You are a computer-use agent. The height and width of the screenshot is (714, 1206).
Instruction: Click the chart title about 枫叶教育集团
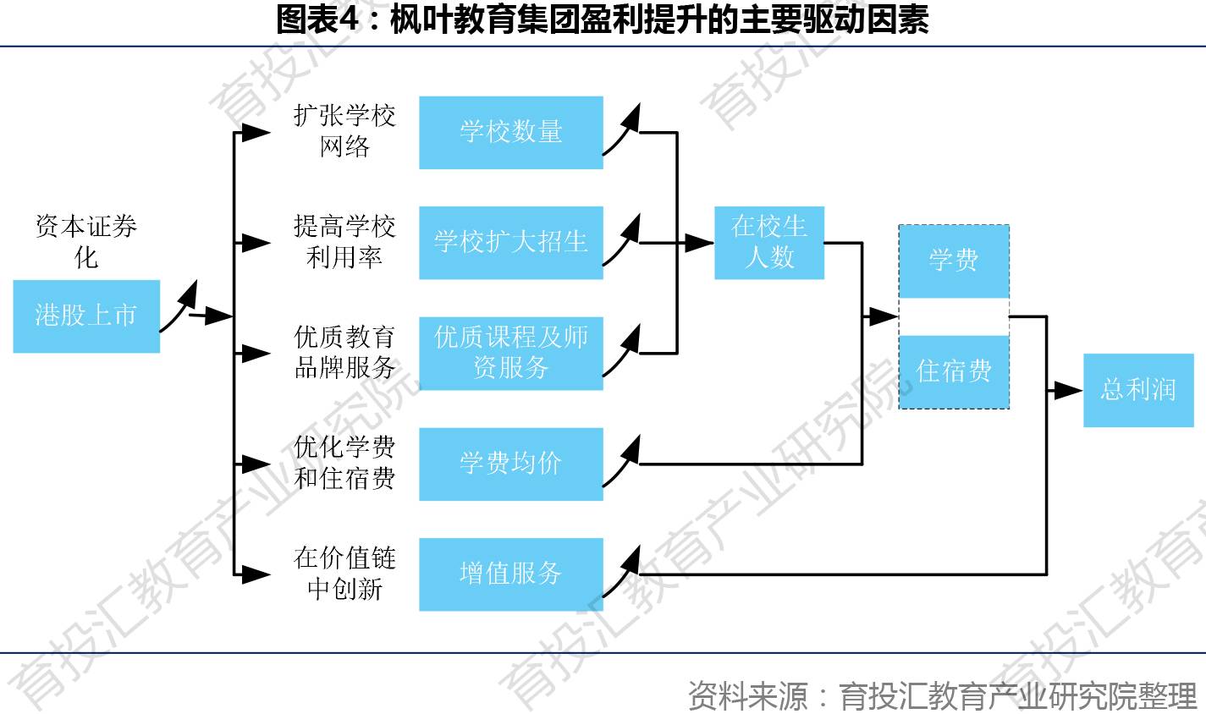click(603, 20)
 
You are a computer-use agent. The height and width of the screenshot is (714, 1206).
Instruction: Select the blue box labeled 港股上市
click(86, 316)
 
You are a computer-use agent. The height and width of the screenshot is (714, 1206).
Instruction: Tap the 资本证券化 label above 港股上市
click(86, 241)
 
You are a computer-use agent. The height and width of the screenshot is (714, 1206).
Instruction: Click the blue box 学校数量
click(511, 133)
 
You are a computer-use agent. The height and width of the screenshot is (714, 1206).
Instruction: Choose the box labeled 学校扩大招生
click(511, 243)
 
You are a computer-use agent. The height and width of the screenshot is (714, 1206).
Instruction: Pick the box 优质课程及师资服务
click(511, 353)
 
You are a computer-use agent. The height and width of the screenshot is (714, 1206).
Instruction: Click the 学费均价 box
click(511, 464)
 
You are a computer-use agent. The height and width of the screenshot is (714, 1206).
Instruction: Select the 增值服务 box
click(511, 574)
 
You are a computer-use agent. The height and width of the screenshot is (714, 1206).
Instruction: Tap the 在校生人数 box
click(769, 243)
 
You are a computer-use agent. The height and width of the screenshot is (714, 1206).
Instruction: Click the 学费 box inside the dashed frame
click(954, 261)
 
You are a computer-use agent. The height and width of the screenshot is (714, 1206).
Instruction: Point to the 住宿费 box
click(954, 371)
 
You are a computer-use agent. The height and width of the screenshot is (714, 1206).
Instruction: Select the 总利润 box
click(1138, 390)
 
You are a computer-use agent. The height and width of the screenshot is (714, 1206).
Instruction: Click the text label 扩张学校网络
click(344, 131)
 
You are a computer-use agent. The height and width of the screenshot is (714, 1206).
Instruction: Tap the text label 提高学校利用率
click(344, 242)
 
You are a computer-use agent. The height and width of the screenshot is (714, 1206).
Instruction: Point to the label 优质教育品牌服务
click(344, 352)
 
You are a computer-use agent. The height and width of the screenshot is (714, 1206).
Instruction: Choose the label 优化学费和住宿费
click(344, 463)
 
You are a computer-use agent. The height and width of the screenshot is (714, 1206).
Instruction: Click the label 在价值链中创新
click(344, 573)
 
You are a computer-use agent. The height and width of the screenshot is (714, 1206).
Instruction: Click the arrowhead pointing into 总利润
click(1069, 391)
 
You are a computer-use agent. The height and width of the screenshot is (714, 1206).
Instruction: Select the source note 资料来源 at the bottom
click(942, 695)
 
